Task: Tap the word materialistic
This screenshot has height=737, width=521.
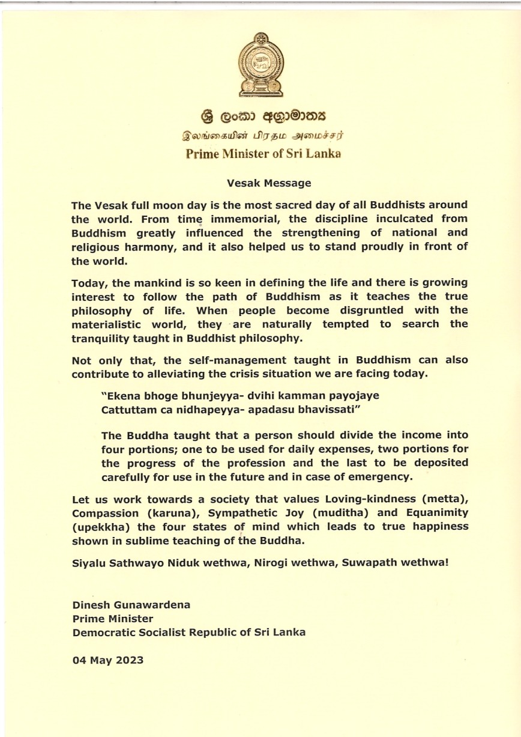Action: point(109,324)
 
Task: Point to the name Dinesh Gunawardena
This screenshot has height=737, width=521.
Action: point(131,605)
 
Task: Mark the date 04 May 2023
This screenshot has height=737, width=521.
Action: point(107,660)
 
